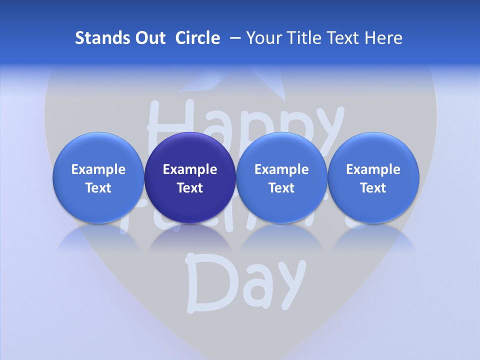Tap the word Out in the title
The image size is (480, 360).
tap(148, 38)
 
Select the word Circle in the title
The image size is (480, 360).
tap(197, 38)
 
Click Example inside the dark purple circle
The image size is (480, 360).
tap(190, 169)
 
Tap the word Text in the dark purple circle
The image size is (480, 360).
tap(190, 188)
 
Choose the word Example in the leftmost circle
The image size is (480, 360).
tap(98, 169)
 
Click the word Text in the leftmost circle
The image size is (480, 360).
tap(98, 188)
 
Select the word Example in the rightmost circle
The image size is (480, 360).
tap(373, 169)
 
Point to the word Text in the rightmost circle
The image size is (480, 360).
tap(373, 188)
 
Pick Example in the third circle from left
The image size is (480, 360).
tap(281, 169)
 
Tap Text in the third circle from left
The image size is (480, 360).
tap(281, 188)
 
